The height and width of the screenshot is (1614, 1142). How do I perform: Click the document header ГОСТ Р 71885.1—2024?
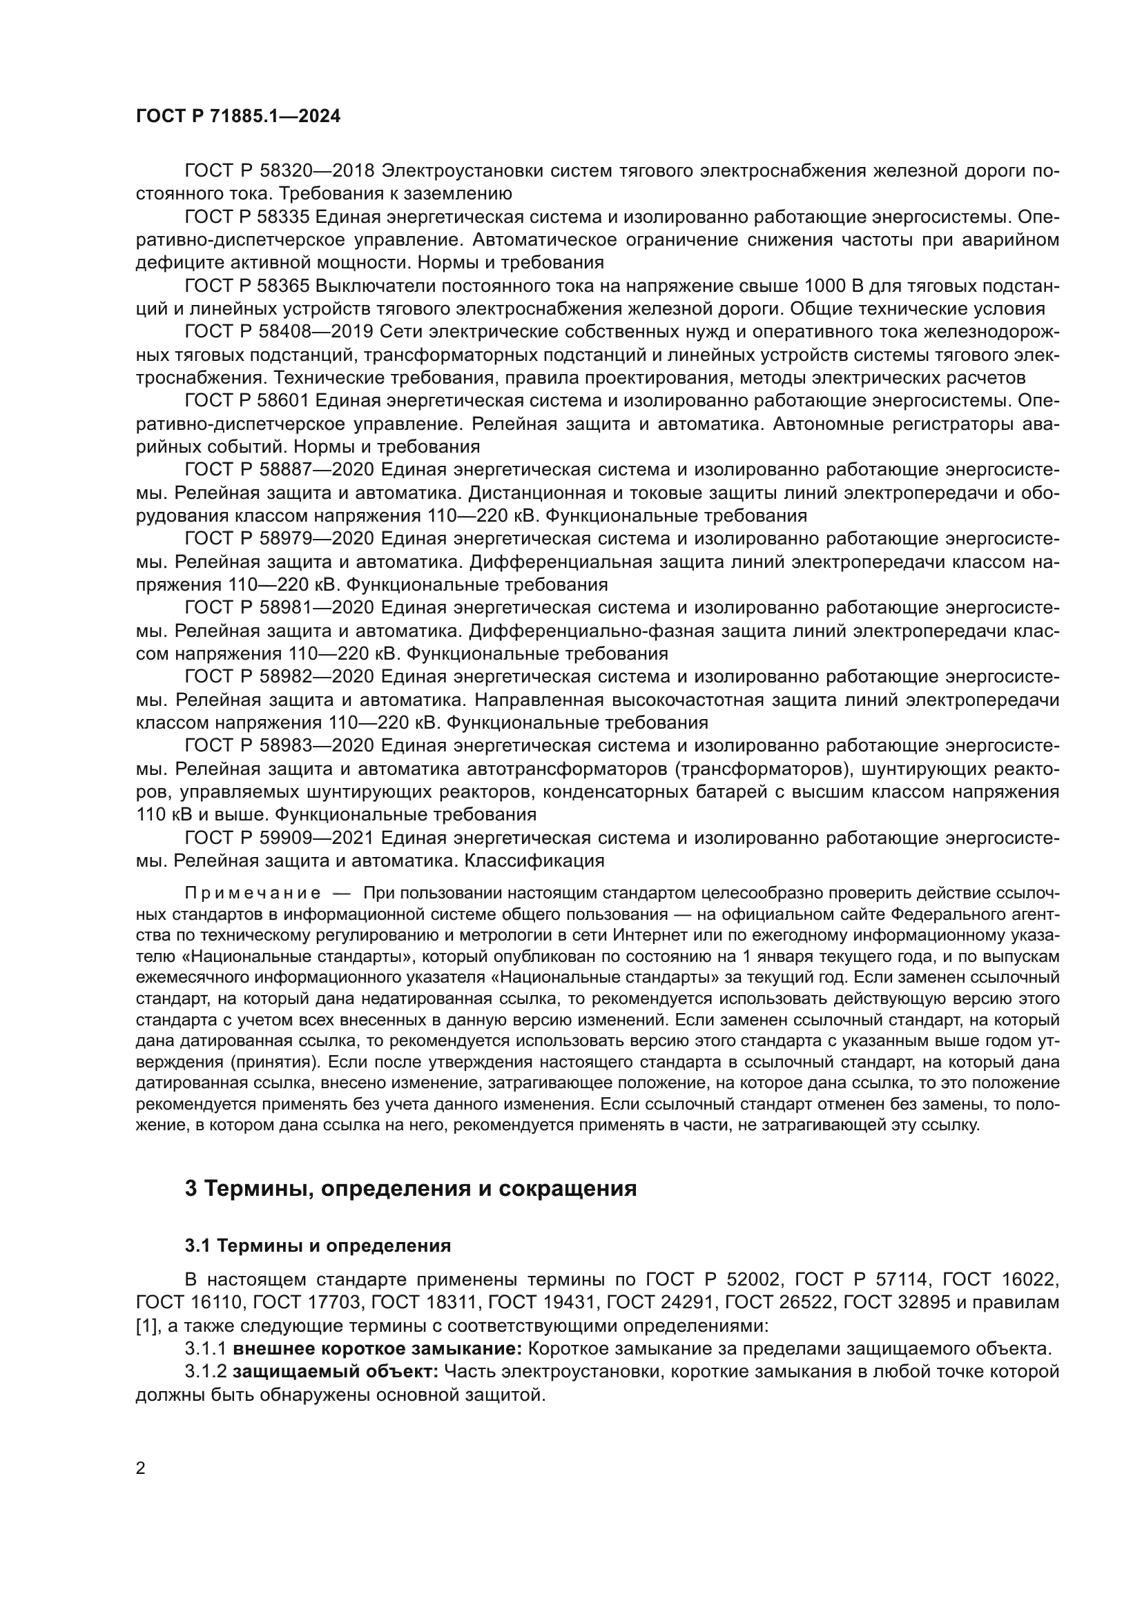tap(238, 117)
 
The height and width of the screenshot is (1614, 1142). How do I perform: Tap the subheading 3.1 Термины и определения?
tap(317, 1246)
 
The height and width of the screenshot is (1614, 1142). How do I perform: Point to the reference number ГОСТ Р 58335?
tap(246, 217)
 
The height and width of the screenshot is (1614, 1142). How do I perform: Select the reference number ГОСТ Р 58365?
tap(246, 286)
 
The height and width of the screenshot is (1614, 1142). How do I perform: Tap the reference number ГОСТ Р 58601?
tap(246, 401)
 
